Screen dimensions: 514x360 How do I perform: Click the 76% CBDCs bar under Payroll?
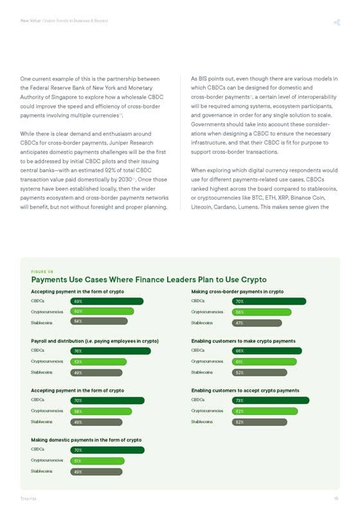coord(110,351)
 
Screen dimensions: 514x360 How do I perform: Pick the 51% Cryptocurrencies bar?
coord(97,461)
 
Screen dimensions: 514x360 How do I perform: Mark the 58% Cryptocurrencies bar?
coord(101,411)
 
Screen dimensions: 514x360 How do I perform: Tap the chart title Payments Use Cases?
coord(148,280)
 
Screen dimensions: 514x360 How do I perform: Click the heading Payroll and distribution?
coord(94,341)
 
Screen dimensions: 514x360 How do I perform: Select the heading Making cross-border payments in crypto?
coord(237,291)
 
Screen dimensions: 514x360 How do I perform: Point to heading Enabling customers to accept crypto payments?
coord(245,390)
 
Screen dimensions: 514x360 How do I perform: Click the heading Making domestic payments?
coord(86,439)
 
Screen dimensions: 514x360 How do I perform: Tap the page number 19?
coord(336,499)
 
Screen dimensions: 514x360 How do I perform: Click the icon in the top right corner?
coord(336,23)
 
